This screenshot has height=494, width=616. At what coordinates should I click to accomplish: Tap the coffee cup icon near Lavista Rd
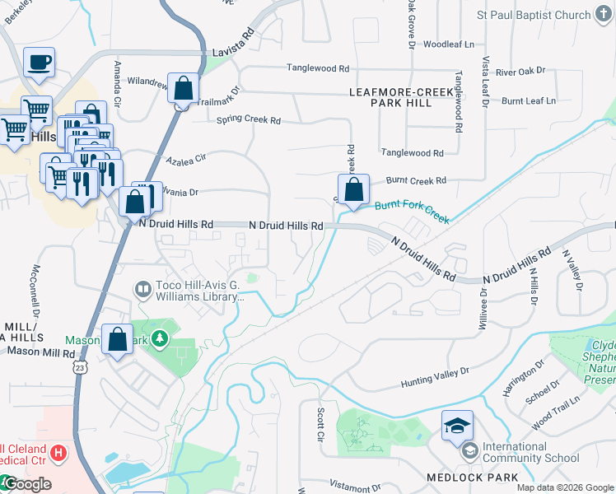point(39,62)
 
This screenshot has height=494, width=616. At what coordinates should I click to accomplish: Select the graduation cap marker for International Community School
point(457,426)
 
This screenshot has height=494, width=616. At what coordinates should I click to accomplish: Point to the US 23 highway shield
point(78,364)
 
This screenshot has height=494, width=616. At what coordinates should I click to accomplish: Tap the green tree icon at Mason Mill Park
point(158,338)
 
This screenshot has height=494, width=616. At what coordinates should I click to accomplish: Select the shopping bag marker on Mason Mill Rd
point(118,338)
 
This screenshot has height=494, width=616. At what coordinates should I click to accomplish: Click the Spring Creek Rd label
point(248,120)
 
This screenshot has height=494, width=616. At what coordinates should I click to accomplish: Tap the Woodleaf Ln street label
point(449,44)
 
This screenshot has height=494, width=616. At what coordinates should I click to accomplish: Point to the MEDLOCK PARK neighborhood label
point(472,478)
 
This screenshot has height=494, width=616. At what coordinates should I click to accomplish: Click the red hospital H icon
point(57,452)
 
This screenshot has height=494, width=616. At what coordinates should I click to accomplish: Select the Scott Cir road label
point(320,423)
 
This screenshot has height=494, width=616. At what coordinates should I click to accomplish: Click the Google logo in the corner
point(26,484)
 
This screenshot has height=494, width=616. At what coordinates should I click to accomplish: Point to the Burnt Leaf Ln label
point(528,100)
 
